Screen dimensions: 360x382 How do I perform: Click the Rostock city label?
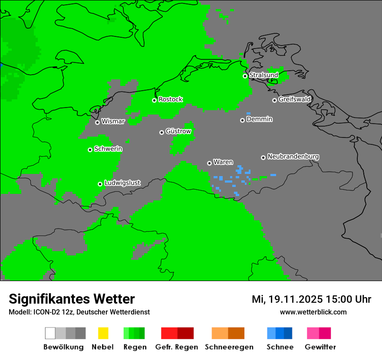(x=170, y=99)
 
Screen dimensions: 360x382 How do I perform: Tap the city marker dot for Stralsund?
(x=245, y=76)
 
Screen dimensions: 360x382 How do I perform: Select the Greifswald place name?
(x=294, y=99)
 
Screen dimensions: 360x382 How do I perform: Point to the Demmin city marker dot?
(x=242, y=120)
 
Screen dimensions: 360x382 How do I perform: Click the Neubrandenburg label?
(x=293, y=157)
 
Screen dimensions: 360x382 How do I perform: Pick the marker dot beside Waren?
(x=209, y=163)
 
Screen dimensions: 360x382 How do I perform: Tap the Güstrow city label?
(x=178, y=131)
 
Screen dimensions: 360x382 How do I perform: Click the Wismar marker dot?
(x=97, y=122)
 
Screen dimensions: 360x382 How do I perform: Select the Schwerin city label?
(x=108, y=149)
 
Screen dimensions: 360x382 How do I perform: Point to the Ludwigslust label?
(x=122, y=183)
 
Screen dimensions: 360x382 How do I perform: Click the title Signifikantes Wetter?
(x=72, y=299)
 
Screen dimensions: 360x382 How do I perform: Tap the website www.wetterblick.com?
(x=313, y=312)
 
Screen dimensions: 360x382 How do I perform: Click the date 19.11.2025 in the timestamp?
(x=295, y=299)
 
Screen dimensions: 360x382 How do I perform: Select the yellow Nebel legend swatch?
(x=103, y=333)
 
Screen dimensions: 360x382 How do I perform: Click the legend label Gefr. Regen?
(x=177, y=347)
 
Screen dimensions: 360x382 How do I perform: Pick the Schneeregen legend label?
(x=229, y=347)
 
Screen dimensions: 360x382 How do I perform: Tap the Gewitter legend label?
(x=320, y=347)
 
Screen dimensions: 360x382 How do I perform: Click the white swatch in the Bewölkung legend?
(x=50, y=333)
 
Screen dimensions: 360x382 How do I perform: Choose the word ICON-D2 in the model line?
(x=44, y=312)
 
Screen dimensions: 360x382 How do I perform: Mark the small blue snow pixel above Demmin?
(x=248, y=113)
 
